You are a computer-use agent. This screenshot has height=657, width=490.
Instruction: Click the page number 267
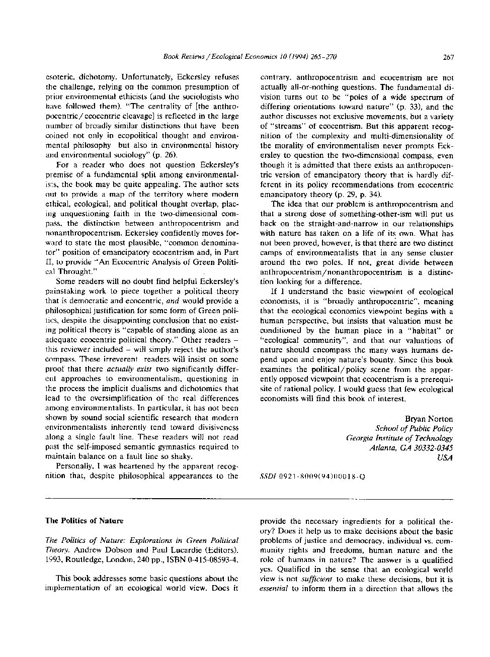pos(448,57)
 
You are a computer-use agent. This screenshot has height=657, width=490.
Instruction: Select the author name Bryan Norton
pos(429,419)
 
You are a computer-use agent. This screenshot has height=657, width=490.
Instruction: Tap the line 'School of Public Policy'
pos(414,429)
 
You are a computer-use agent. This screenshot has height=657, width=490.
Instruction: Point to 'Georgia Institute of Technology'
pos(399,438)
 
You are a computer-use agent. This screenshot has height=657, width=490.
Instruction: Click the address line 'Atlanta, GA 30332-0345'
pos(411,448)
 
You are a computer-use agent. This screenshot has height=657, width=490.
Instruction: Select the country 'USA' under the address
pos(445,457)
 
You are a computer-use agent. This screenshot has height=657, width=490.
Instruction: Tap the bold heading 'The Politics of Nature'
pos(84,521)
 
